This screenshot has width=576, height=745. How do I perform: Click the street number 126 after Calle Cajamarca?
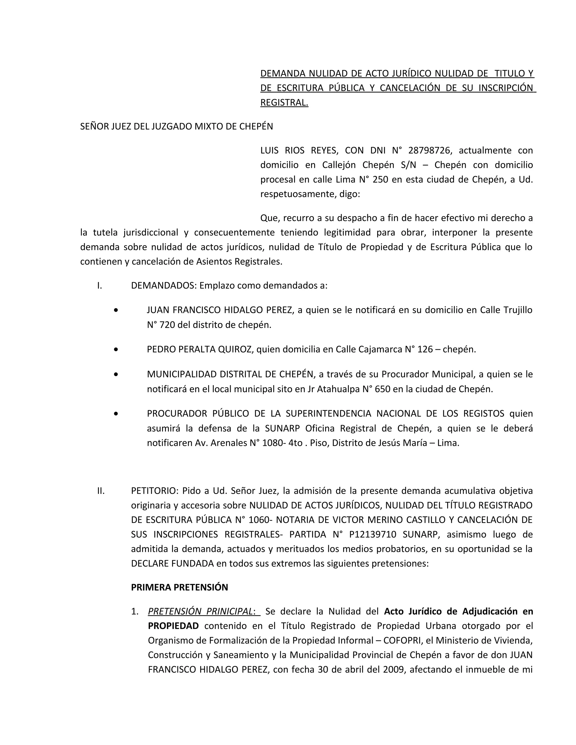pos(425,349)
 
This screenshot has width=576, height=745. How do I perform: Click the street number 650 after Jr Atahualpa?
pos(382,389)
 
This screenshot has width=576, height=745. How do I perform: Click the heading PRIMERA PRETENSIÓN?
pos(179,587)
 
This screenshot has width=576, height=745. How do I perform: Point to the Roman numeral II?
pos(101,491)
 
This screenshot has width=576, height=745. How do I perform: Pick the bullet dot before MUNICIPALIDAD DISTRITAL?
pos(116,374)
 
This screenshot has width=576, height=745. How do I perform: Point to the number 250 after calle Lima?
pos(381,179)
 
